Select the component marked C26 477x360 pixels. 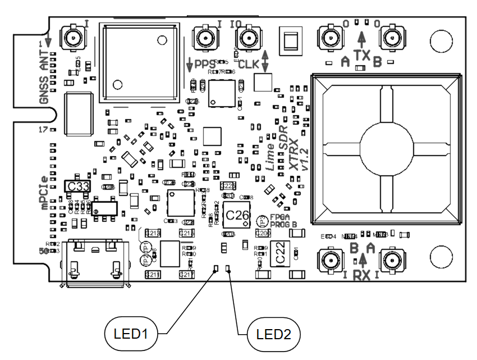(236, 215)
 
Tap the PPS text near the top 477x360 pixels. (205, 63)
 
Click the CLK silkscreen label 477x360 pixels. (249, 64)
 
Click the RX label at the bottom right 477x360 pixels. (363, 275)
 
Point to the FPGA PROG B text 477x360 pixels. (279, 220)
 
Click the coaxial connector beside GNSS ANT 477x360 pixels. (72, 38)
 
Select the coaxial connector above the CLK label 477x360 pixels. (247, 39)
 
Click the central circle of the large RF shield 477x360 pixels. (386, 148)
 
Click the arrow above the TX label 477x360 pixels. (363, 38)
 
